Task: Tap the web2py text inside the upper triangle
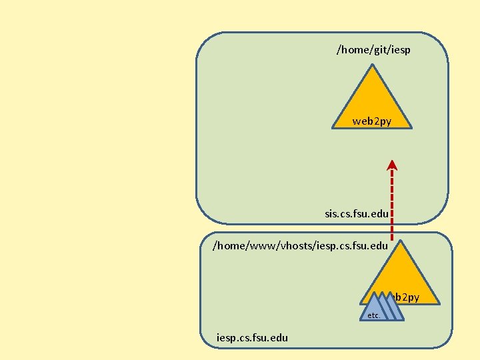[x=372, y=121]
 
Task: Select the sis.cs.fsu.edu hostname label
[x=357, y=214]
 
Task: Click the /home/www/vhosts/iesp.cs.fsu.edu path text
[x=300, y=245]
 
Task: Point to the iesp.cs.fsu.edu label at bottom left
[x=253, y=337]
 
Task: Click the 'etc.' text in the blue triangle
[x=373, y=315]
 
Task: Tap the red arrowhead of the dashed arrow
[x=392, y=165]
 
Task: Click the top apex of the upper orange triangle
[x=372, y=65]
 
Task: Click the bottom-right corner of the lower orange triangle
[x=439, y=303]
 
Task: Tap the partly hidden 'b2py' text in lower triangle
[x=407, y=297]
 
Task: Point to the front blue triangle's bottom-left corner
[x=361, y=320]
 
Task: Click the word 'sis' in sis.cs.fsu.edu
[x=331, y=214]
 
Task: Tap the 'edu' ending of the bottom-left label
[x=279, y=337]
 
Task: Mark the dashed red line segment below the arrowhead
[x=392, y=200]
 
